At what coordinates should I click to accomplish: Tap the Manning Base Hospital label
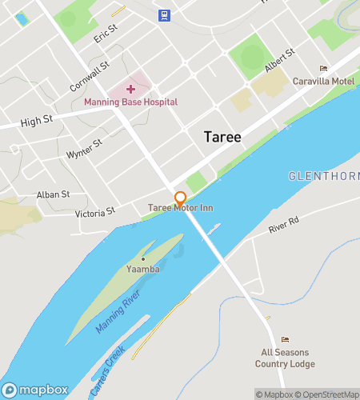click(x=130, y=102)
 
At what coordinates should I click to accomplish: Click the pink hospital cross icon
click(x=130, y=89)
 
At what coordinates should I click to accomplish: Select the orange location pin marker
click(x=181, y=197)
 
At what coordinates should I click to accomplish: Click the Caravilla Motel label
click(x=323, y=82)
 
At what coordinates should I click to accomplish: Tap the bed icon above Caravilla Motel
click(x=323, y=69)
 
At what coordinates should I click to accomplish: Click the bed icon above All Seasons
click(x=285, y=340)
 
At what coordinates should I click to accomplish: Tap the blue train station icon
click(x=164, y=14)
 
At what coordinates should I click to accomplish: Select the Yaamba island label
click(x=143, y=270)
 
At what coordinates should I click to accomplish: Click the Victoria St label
click(x=95, y=213)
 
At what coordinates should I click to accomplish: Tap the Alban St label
click(x=54, y=194)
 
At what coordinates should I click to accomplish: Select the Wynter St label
click(x=84, y=148)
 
